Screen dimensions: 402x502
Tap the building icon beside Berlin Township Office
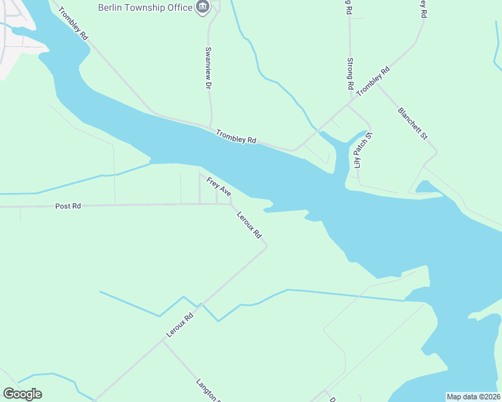click(203, 7)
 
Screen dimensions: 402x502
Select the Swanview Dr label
click(208, 68)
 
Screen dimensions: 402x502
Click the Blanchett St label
click(412, 123)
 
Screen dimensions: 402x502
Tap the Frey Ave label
click(219, 187)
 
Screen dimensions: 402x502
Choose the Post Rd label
click(68, 206)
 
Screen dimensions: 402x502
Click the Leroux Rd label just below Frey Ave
click(248, 227)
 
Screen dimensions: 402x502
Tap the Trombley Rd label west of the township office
click(73, 24)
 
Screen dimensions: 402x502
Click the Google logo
click(22, 394)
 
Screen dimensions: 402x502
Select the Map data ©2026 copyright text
click(472, 397)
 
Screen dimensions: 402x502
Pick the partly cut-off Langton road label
click(208, 391)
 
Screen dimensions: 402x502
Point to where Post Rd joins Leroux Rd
click(232, 204)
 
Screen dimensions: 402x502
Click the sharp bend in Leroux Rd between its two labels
click(266, 246)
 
